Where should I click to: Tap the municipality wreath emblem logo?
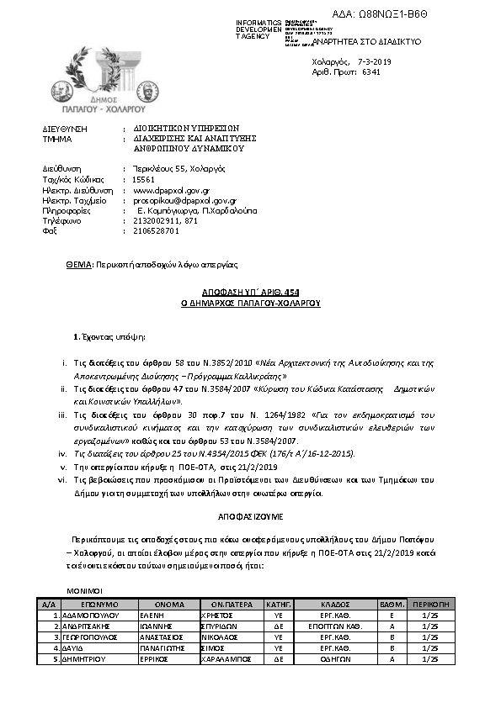(93, 74)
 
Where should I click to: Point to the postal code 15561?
(144, 179)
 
